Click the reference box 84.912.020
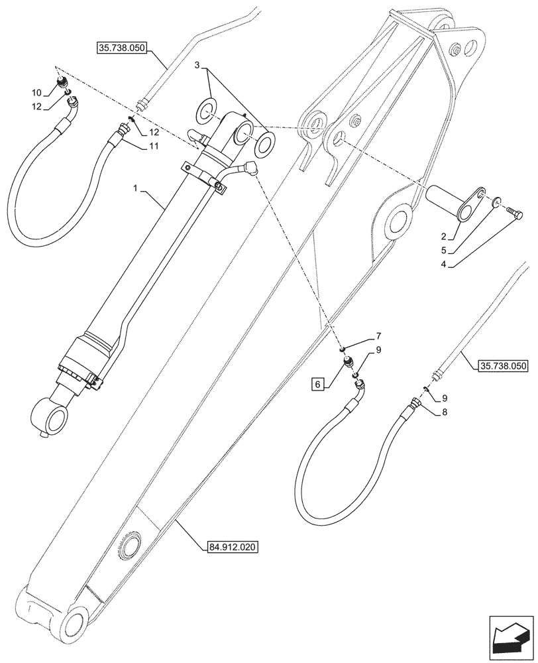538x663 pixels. click(229, 547)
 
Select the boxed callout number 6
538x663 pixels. click(318, 385)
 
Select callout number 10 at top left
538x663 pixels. click(36, 91)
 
